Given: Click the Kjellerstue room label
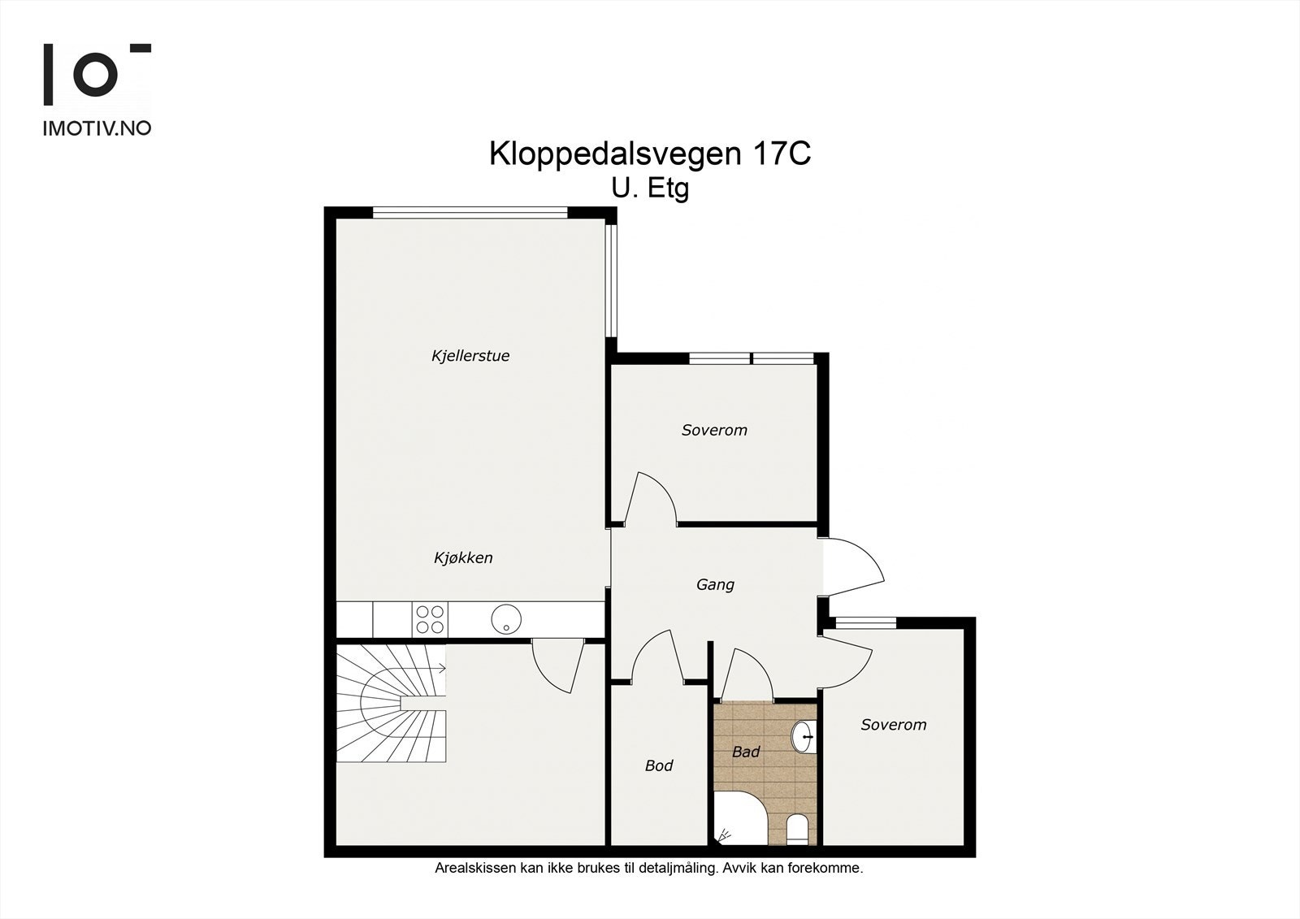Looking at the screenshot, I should [470, 356].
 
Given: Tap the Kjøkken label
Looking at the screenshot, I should [463, 558].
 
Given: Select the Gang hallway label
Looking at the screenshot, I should [715, 584].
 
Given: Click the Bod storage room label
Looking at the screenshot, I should [659, 765].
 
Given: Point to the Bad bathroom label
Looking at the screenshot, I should [745, 752].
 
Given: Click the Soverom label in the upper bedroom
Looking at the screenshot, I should [714, 430].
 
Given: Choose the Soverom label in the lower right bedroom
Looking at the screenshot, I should [893, 725].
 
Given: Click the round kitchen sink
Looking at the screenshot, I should [505, 620].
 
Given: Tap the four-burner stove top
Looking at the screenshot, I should [429, 620].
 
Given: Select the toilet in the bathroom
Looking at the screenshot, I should [797, 830].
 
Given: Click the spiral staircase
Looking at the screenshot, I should [392, 704].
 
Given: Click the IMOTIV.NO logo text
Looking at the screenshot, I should [97, 128].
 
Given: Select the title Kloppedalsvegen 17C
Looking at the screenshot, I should [649, 154].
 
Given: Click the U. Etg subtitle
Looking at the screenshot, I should [650, 189].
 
